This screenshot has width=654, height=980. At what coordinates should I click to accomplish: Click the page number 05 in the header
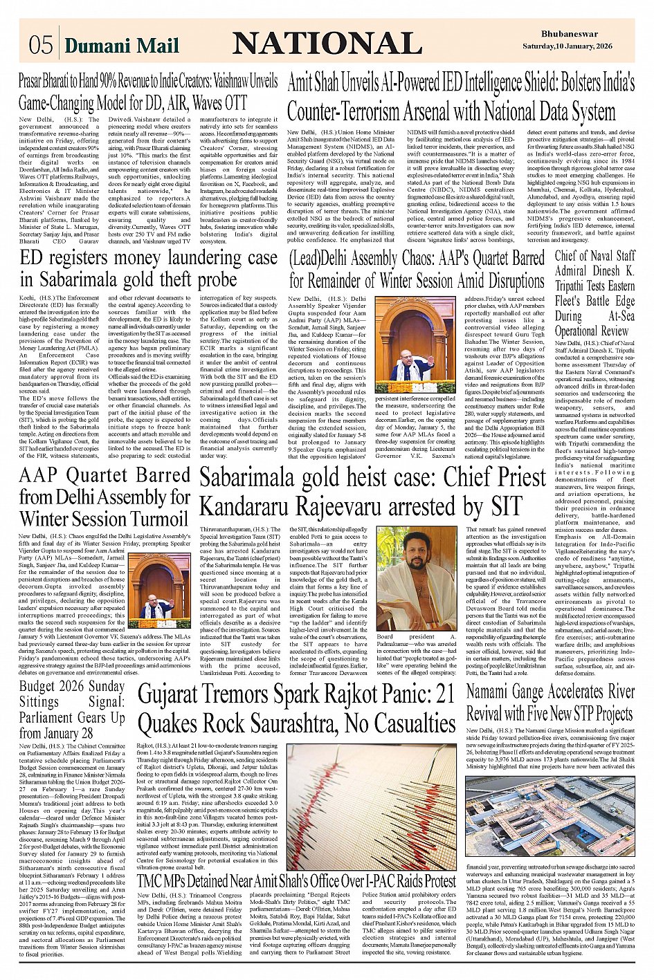coord(41,45)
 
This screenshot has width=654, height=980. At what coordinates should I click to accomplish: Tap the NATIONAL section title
coord(327,44)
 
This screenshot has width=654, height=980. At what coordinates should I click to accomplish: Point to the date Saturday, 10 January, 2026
coord(567,46)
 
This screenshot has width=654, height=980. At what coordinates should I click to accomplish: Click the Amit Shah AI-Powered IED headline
coord(461,97)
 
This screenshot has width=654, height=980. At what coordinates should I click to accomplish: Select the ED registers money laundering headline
coord(149,269)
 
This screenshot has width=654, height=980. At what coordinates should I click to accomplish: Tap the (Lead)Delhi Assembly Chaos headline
coord(417,269)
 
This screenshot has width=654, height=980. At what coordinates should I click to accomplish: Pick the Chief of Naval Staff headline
coord(594,293)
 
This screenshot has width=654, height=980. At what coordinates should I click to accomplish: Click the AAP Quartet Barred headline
coord(105,497)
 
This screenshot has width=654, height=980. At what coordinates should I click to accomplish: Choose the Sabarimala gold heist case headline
coord(372,492)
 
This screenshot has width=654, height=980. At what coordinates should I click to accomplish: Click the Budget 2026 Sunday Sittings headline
coord(72,710)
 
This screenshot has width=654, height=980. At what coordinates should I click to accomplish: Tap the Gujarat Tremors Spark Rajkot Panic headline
coord(297,709)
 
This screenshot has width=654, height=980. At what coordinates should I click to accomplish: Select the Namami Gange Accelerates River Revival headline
coord(550,702)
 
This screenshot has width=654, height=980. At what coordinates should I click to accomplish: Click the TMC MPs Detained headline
coord(297,881)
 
